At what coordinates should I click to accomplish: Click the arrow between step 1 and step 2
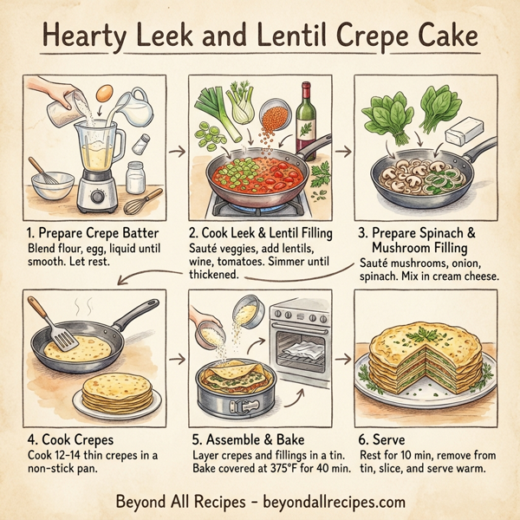(175, 152)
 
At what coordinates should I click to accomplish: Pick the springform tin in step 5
(237, 390)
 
